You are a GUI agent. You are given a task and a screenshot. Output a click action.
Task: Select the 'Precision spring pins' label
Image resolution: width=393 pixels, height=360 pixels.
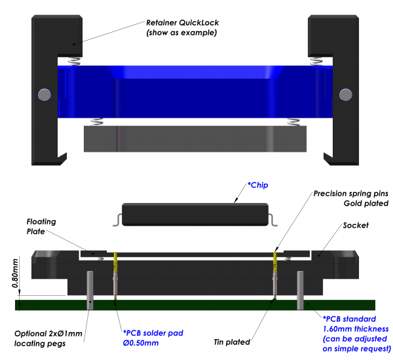point(351,194)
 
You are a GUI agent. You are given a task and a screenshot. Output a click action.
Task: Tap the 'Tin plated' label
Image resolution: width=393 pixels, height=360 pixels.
point(234,342)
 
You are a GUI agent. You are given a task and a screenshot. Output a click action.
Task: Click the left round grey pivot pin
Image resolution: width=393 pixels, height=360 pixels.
point(45,94)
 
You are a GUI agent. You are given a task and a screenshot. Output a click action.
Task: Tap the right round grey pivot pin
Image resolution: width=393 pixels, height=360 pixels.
point(345,94)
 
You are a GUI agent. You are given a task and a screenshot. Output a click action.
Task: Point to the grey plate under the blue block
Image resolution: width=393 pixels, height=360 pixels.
point(195,138)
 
